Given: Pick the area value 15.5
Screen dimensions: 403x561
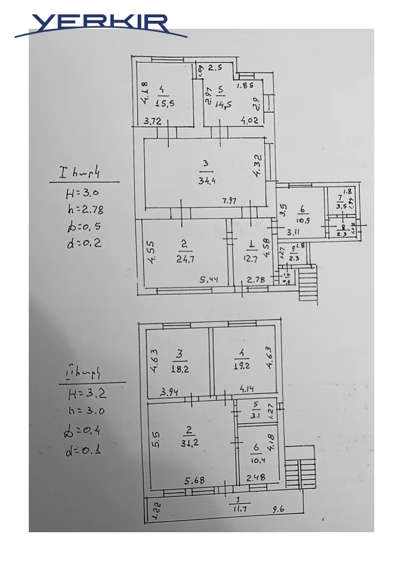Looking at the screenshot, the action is (165, 103).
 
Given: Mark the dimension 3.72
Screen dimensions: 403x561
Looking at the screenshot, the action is (153, 121).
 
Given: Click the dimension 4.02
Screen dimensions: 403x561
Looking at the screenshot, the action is (249, 121).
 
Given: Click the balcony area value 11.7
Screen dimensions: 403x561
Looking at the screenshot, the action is (237, 509).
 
